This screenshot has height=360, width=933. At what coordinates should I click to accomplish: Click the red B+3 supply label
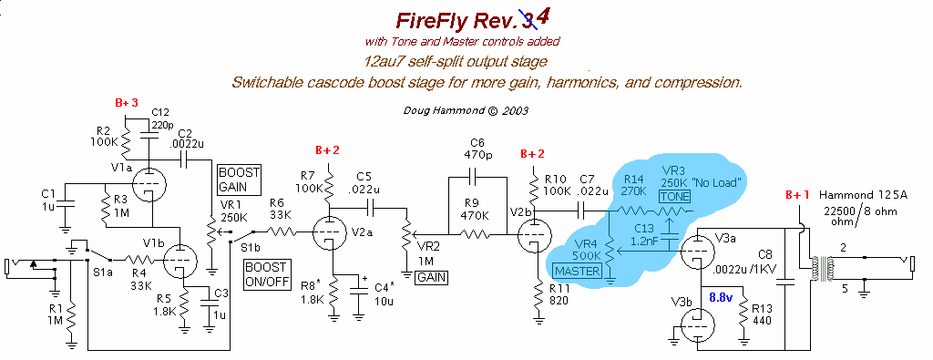126,103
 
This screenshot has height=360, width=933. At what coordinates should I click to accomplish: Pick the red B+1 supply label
798,193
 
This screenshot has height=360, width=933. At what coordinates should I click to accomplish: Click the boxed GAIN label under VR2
430,277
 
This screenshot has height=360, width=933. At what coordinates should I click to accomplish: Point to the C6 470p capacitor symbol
477,177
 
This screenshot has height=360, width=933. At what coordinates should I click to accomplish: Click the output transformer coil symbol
818,262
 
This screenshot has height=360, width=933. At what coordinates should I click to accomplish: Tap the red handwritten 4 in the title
545,17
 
